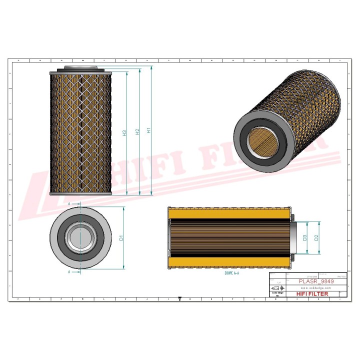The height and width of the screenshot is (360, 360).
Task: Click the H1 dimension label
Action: (148, 131)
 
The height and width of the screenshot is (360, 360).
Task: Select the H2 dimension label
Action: (136, 132)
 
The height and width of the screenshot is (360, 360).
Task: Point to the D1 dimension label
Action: (120, 238)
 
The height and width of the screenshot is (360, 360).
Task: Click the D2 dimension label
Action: (316, 237)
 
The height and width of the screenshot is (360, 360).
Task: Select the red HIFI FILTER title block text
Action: (313, 294)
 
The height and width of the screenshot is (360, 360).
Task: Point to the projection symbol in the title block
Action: (275, 289)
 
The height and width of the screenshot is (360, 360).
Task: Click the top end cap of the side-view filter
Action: (80, 69)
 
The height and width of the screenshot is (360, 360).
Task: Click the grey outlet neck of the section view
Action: (298, 238)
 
